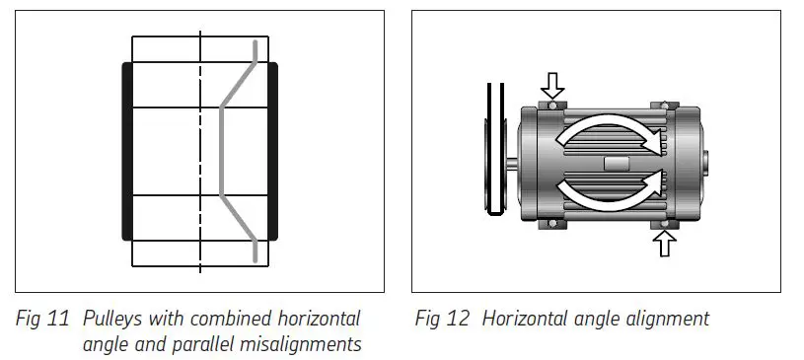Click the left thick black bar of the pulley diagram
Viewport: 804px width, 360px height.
coord(127,151)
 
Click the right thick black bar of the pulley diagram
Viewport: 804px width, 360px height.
coord(272,151)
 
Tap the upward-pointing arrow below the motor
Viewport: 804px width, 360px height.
coord(664,243)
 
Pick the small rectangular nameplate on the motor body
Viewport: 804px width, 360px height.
coord(613,163)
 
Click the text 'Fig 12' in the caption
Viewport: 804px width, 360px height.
coord(440,320)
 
